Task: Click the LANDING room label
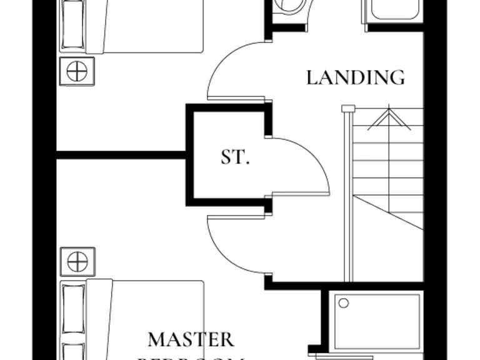(355, 77)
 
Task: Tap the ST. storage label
(235, 157)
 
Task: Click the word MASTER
(191, 340)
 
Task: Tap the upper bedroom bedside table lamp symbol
(77, 71)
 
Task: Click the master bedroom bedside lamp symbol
(77, 261)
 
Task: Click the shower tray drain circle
(343, 303)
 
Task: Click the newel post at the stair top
(348, 109)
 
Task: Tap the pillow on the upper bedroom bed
(74, 25)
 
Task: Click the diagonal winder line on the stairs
(387, 212)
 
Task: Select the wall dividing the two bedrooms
(122, 154)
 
